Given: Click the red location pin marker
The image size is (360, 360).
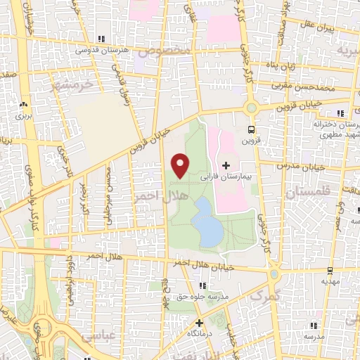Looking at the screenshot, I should point(181,165).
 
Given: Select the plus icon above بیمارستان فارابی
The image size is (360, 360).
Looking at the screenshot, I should point(226,165).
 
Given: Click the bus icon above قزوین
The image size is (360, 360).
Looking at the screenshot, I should point(251,129).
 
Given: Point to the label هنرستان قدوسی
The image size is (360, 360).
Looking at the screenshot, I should point(103,51).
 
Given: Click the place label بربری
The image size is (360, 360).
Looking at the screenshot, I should point(25,113).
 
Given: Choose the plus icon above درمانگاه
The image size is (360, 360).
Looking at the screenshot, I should point(200,322).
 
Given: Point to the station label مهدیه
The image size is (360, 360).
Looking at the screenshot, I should point(330,281).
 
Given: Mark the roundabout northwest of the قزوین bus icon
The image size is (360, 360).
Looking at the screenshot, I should point(251,108).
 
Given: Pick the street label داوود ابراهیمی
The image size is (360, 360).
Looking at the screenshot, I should point(70,281).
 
